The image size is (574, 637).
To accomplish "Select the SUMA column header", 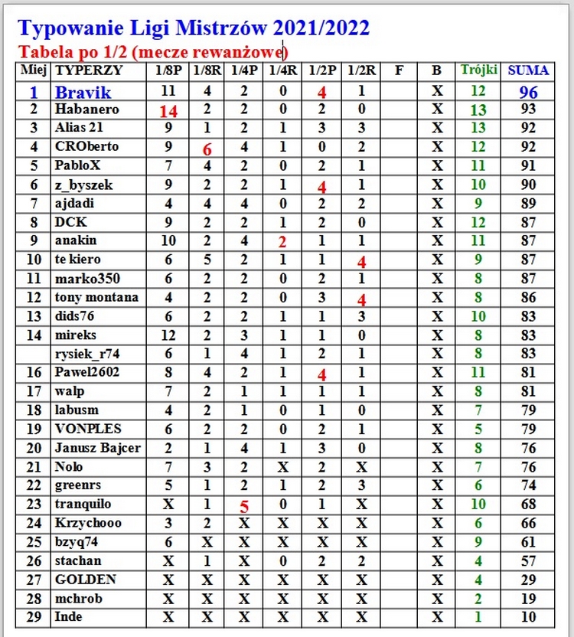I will [x=528, y=70].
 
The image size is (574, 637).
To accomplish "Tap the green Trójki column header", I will [x=478, y=70].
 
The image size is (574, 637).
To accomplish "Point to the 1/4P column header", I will [x=244, y=71].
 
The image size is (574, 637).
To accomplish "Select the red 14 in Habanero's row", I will [x=168, y=111].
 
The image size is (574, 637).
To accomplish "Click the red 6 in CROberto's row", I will [x=207, y=149].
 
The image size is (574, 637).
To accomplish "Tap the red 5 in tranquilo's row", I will [x=244, y=506].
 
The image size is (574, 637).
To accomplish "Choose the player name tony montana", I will [x=96, y=297].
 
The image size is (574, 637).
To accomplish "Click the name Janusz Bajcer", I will [x=97, y=448].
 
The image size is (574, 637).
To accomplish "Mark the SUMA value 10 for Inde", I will [x=528, y=617].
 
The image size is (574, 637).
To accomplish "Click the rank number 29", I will [x=34, y=617].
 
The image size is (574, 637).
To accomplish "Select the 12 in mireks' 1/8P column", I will [x=168, y=335].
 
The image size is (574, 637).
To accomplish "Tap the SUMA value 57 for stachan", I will [x=528, y=560].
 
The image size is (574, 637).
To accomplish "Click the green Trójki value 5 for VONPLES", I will [x=478, y=429].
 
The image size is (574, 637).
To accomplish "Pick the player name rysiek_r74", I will [x=86, y=354].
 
